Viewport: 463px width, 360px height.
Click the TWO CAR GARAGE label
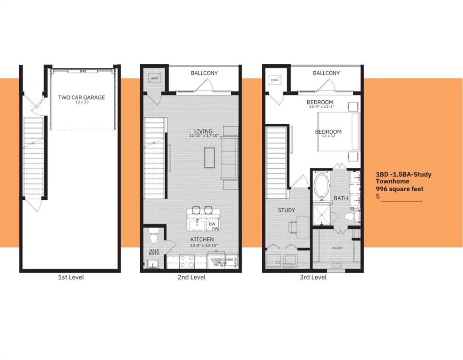click(x=81, y=97)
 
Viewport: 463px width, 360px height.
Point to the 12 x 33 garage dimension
click(x=81, y=103)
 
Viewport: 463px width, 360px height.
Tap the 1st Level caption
click(x=70, y=277)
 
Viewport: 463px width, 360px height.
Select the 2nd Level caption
click(x=191, y=277)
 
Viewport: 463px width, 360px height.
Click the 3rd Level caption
click(x=313, y=277)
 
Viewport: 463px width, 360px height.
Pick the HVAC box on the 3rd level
click(x=274, y=80)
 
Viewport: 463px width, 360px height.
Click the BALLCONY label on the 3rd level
click(x=326, y=73)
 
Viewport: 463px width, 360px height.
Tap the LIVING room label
click(x=204, y=131)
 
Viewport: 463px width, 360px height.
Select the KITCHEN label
click(x=202, y=239)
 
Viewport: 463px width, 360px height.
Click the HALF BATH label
click(x=154, y=252)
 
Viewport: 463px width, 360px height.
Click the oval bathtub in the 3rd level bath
click(x=322, y=184)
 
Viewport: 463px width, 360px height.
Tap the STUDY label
click(x=286, y=210)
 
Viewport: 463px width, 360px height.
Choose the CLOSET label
click(x=337, y=248)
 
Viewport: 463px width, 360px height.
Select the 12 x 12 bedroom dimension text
click(x=328, y=137)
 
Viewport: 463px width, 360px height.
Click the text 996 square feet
click(x=399, y=189)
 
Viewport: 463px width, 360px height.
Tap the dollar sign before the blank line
click(x=378, y=196)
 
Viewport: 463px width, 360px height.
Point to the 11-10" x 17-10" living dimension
click(x=204, y=136)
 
